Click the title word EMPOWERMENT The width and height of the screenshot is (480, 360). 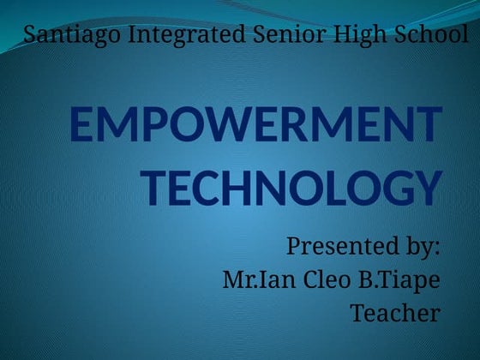click(255, 128)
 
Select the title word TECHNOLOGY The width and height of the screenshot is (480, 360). click(291, 188)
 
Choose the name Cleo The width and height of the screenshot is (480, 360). click(317, 280)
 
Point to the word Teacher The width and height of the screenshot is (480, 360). click(395, 313)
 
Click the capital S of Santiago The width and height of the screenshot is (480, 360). click(31, 35)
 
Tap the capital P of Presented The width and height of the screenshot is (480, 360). click(293, 248)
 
